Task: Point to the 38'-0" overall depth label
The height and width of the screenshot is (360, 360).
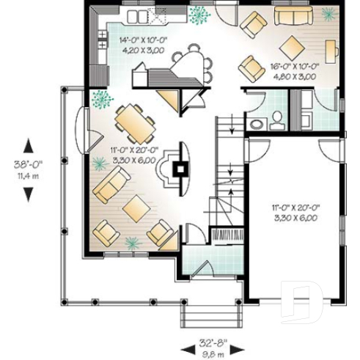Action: click(x=29, y=166)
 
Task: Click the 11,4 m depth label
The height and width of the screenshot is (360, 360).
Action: click(x=29, y=176)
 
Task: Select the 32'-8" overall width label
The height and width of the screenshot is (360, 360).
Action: click(x=213, y=341)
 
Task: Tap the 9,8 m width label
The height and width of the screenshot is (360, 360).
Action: click(x=213, y=350)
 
